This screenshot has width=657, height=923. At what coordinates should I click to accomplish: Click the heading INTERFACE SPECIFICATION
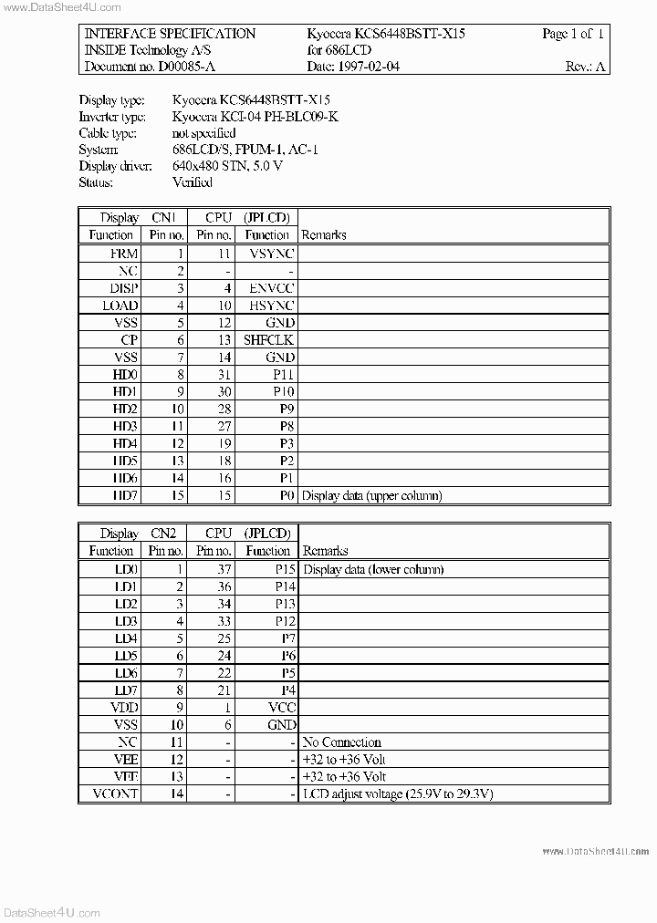[170, 34]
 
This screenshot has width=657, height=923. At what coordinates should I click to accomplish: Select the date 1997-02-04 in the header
[369, 67]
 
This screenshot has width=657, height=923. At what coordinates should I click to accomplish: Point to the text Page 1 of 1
[573, 34]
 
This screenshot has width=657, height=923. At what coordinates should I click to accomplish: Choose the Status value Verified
[192, 182]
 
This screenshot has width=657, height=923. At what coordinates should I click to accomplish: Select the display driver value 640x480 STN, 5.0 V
[227, 166]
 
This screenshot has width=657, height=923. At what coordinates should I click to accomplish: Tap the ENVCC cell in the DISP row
[271, 287]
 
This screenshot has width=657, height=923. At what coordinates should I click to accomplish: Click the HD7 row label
[125, 495]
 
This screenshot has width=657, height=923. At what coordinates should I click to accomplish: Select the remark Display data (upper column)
[371, 495]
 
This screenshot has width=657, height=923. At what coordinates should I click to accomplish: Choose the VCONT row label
[117, 794]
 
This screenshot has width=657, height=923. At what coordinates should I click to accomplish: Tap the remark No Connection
[341, 742]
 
